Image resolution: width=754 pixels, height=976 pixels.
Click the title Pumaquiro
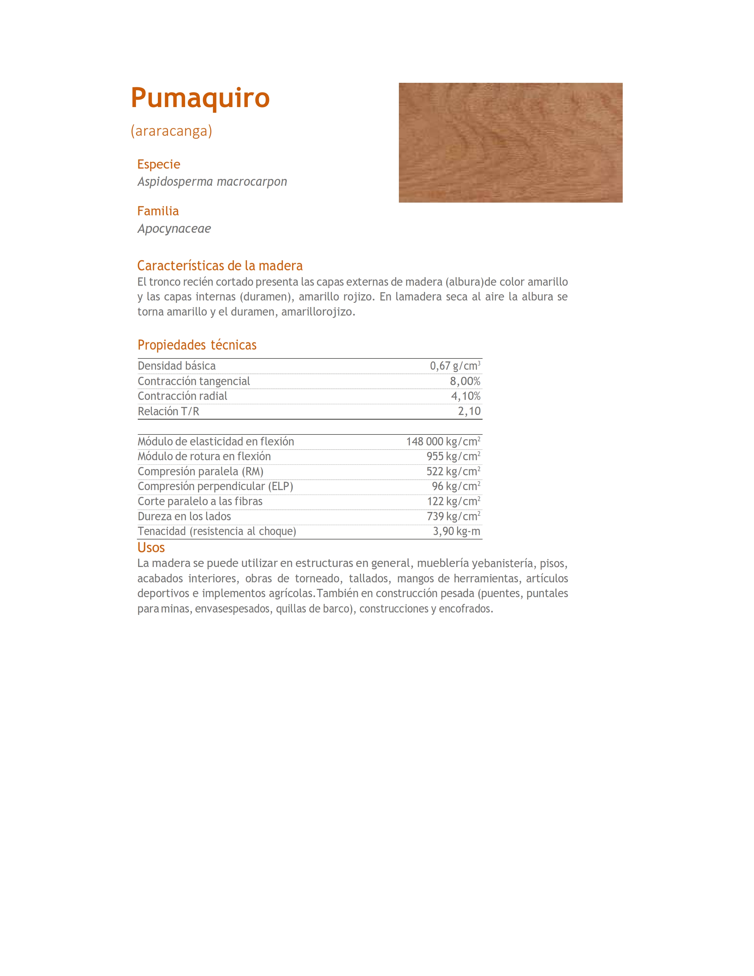[200, 98]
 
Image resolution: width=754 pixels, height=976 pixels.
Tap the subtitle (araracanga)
[171, 131]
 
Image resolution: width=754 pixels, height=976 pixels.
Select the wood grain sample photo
[510, 143]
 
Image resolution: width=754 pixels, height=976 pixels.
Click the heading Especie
[158, 164]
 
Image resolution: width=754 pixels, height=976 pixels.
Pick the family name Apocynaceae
[174, 229]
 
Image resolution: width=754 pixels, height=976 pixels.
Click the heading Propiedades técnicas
[197, 345]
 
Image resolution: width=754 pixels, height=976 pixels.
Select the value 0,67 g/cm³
[455, 366]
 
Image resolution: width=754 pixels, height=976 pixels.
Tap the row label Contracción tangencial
[193, 381]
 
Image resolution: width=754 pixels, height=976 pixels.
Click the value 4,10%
[465, 396]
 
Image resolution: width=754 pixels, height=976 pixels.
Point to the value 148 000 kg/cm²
[443, 442]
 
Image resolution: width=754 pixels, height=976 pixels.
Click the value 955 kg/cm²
[453, 456]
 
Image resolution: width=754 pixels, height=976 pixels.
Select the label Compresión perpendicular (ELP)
[215, 486]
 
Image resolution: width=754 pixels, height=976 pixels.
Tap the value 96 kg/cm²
[456, 486]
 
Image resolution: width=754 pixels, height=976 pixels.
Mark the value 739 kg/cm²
[453, 516]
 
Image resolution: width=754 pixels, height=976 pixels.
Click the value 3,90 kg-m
[456, 531]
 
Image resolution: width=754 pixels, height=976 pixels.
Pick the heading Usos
[151, 548]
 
